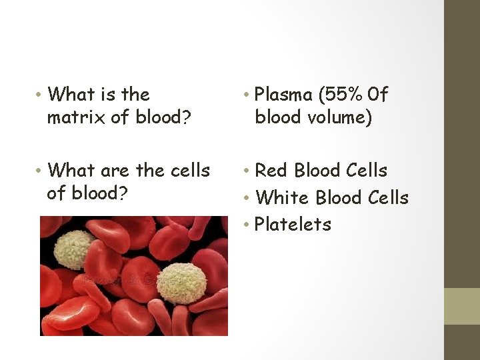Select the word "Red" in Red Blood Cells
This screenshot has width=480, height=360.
(x=271, y=171)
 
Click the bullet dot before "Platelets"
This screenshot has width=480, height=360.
(x=248, y=225)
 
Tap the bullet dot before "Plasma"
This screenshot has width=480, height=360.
(x=248, y=95)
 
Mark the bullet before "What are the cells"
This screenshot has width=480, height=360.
(x=41, y=171)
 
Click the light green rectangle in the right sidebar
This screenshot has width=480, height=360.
(x=461, y=306)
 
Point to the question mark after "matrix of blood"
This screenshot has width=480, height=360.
(x=187, y=119)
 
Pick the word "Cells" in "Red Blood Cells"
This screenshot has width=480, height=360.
(x=365, y=171)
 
